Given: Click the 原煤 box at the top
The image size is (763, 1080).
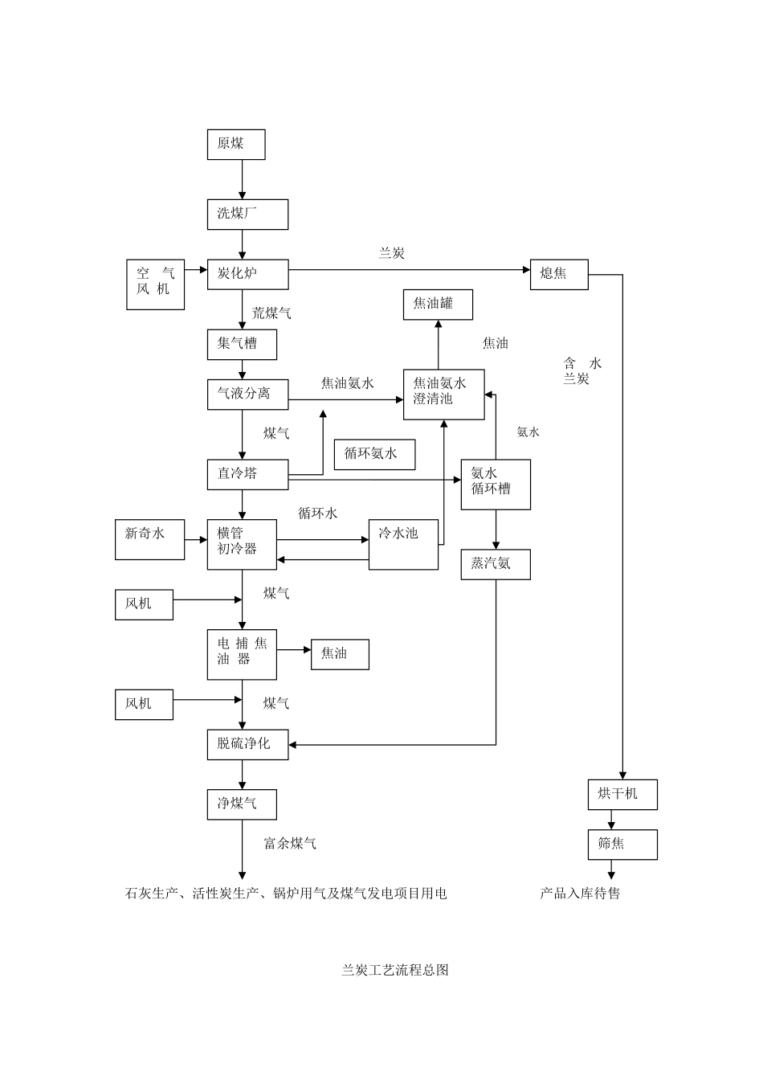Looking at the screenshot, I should [x=236, y=145].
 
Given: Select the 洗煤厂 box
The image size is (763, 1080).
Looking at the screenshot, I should [x=247, y=214].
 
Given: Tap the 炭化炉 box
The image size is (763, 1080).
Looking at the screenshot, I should [x=247, y=274].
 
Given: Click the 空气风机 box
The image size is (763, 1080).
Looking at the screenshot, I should [x=156, y=284].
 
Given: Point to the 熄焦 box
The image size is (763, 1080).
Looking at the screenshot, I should [x=559, y=274].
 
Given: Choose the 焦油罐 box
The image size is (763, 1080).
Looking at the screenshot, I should [x=438, y=305].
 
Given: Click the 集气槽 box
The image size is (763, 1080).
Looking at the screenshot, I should [x=242, y=344].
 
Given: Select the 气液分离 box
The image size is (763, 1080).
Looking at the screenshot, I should [x=247, y=394].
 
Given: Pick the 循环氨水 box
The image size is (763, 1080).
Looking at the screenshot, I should [x=375, y=454].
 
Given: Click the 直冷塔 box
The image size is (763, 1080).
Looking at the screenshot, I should [x=247, y=474].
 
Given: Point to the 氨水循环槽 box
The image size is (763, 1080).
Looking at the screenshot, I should [x=496, y=484].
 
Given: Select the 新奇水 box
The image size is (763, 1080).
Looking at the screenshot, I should [x=149, y=539].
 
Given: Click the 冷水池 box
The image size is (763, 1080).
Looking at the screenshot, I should [x=403, y=545].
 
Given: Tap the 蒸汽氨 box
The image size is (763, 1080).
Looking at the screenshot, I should [x=496, y=564].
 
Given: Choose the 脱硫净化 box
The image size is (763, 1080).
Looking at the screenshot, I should [x=247, y=744].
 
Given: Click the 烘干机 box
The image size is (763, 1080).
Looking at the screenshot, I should [x=622, y=795].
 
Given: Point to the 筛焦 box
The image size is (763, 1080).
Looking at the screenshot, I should [x=622, y=845].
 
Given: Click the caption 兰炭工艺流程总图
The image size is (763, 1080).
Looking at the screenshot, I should [x=395, y=970].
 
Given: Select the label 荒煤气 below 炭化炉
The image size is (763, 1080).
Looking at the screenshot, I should [x=271, y=313].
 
